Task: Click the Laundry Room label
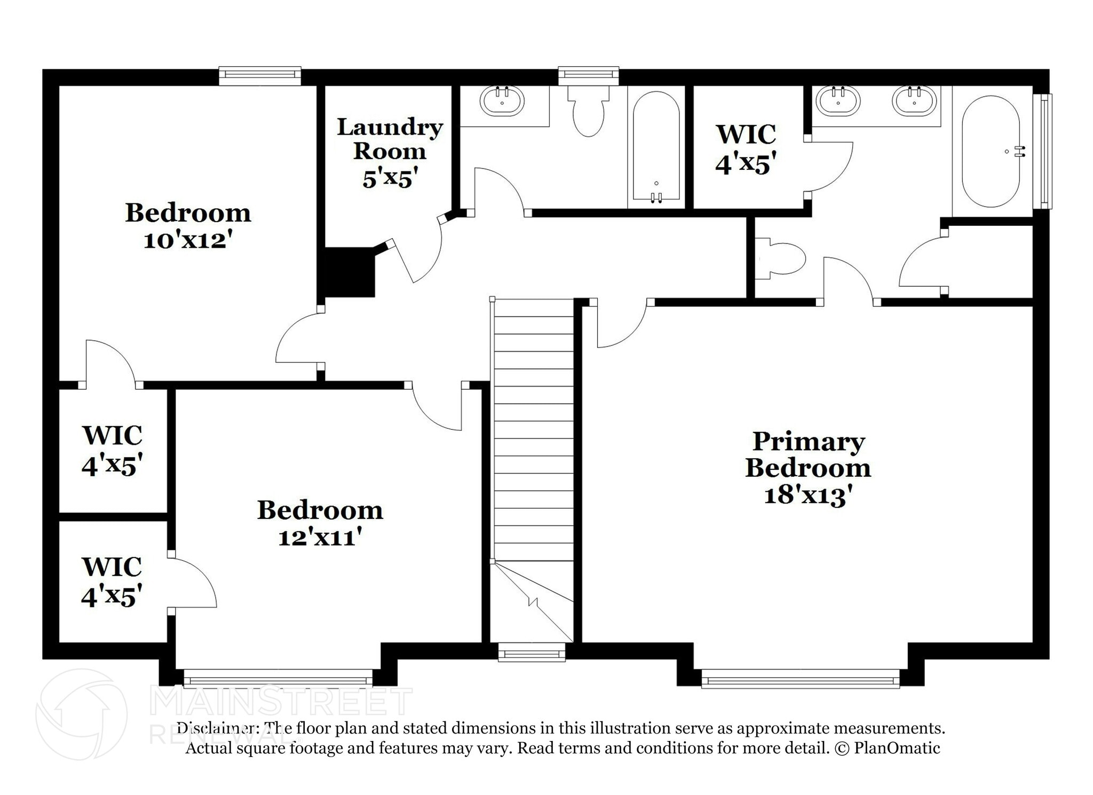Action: click(390, 139)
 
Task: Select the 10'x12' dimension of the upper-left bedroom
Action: click(188, 241)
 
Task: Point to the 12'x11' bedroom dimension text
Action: click(320, 538)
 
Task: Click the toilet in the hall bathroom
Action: click(588, 112)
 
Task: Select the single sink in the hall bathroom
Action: click(502, 101)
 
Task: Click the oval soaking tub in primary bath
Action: click(991, 152)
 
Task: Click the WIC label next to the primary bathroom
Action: click(746, 135)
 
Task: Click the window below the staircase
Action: click(531, 652)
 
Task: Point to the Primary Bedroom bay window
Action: click(800, 681)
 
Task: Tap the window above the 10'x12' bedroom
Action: click(260, 76)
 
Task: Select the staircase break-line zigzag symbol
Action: click(533, 601)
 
